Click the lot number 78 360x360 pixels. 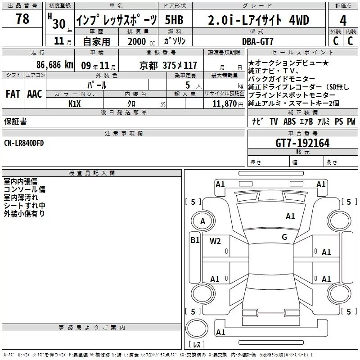(x=22, y=19)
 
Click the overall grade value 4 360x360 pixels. (x=343, y=21)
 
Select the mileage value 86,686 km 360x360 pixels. (x=54, y=65)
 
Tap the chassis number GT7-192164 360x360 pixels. (x=302, y=143)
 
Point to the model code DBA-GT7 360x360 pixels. (x=257, y=41)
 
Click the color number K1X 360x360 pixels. (x=75, y=104)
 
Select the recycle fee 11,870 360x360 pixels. (x=225, y=104)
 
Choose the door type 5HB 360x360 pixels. (x=174, y=20)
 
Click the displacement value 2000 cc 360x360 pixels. (x=141, y=41)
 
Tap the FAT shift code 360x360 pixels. (x=13, y=94)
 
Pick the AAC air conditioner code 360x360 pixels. (x=35, y=94)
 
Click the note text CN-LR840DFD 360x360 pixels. (x=24, y=143)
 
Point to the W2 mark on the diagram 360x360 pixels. (x=215, y=241)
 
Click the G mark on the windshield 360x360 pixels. (x=284, y=237)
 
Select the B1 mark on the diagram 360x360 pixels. (x=195, y=240)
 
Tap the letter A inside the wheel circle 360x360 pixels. (x=202, y=221)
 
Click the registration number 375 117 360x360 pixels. (x=180, y=65)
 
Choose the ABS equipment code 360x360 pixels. (x=289, y=121)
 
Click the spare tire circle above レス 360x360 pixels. (x=197, y=328)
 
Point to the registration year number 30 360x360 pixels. (x=59, y=24)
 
